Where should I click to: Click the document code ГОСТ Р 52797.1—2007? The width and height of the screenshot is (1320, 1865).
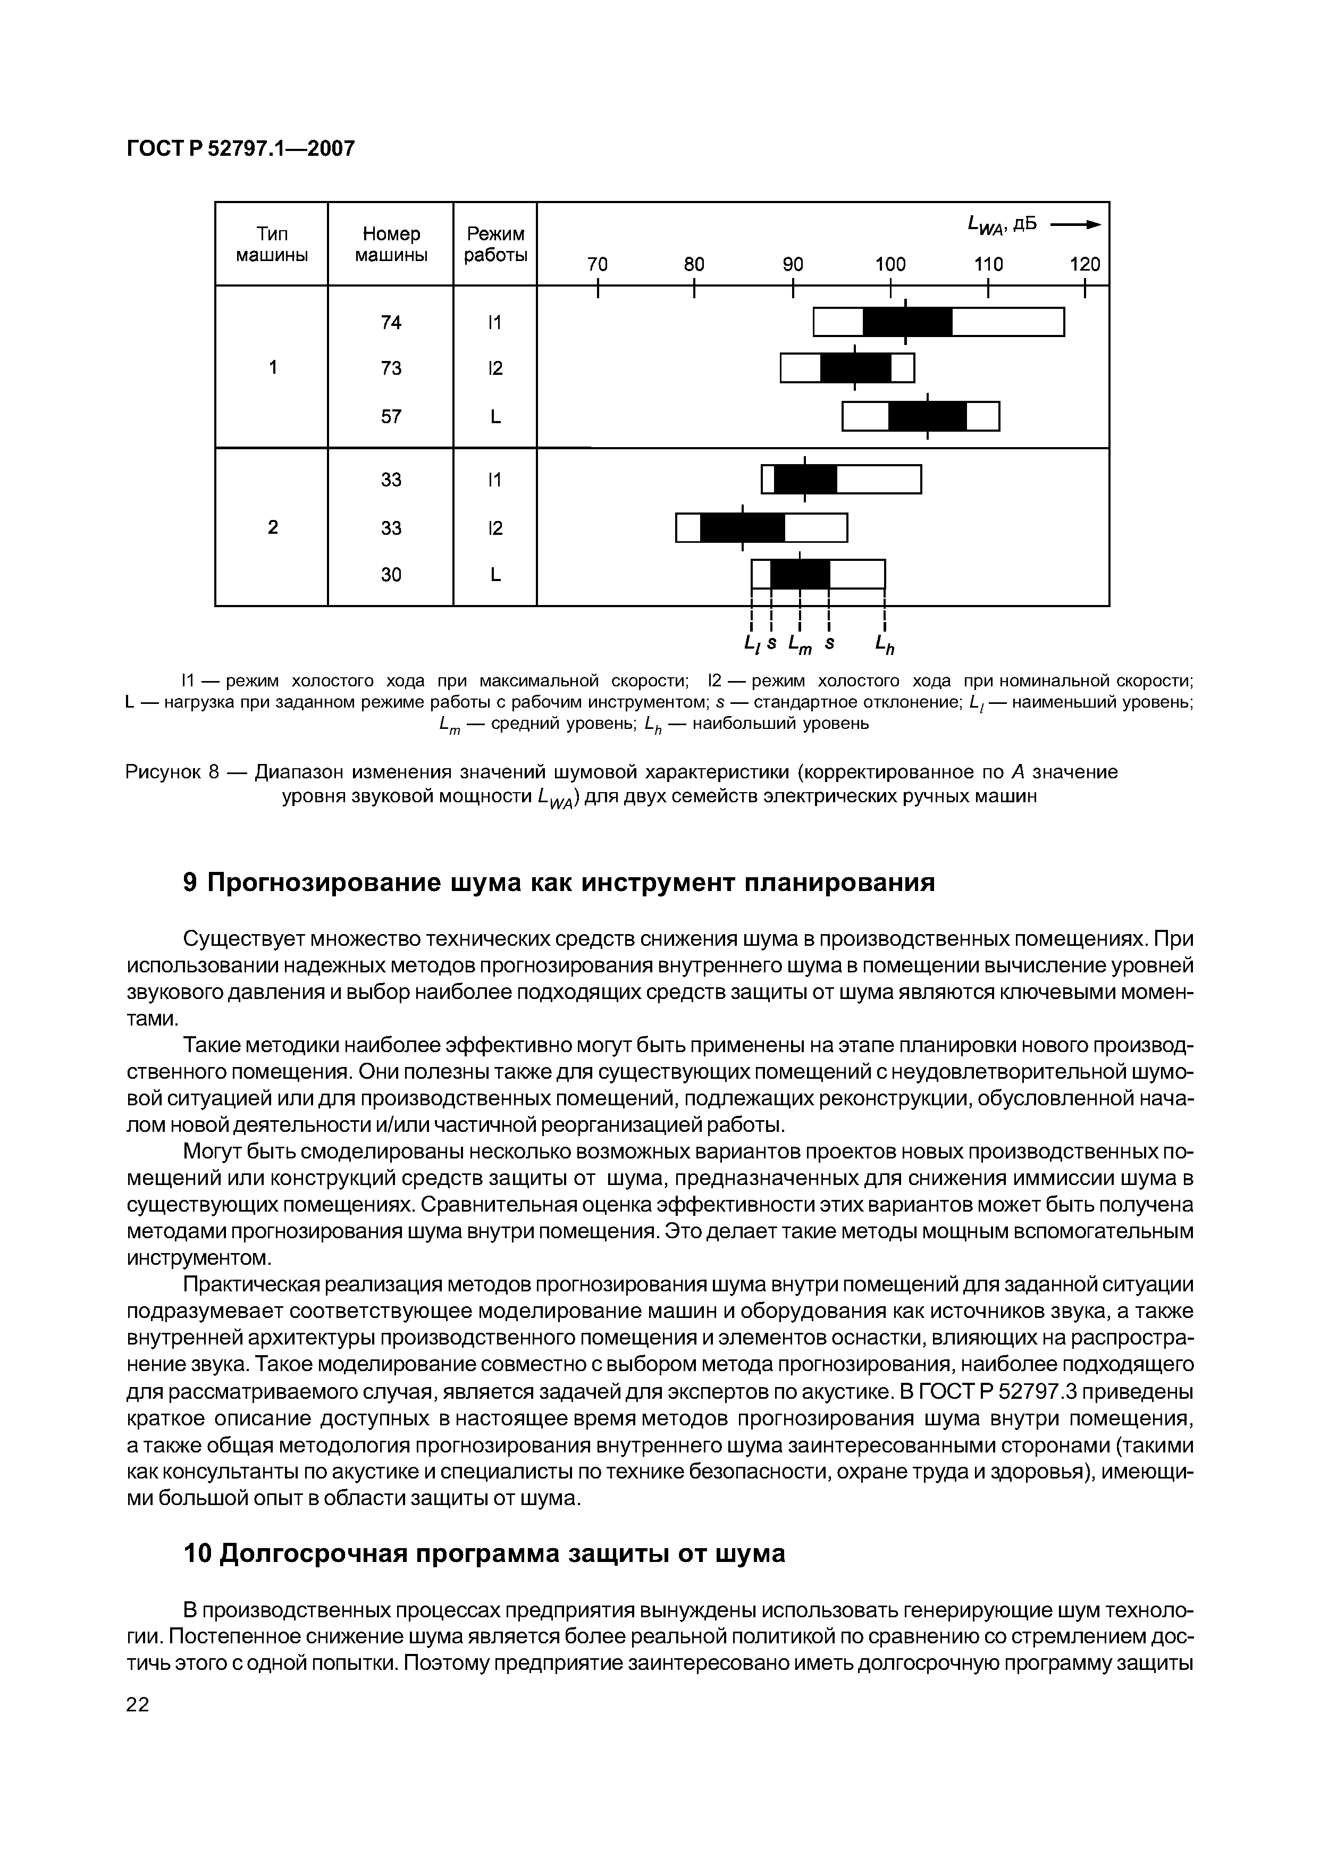241,149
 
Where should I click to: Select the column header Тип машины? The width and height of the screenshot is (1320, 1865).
272,244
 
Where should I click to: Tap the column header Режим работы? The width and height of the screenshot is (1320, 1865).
495,244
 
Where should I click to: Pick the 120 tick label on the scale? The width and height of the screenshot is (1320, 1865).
1084,264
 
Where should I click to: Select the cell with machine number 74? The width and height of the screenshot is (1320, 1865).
391,323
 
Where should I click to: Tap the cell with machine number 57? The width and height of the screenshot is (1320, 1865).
391,417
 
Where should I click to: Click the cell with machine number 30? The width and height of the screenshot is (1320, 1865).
391,575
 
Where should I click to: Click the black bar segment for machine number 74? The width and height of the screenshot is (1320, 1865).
907,322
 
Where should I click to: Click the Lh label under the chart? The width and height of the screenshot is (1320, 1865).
884,644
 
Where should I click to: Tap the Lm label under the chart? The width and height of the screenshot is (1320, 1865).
801,644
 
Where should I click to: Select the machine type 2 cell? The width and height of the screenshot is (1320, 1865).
272,527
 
